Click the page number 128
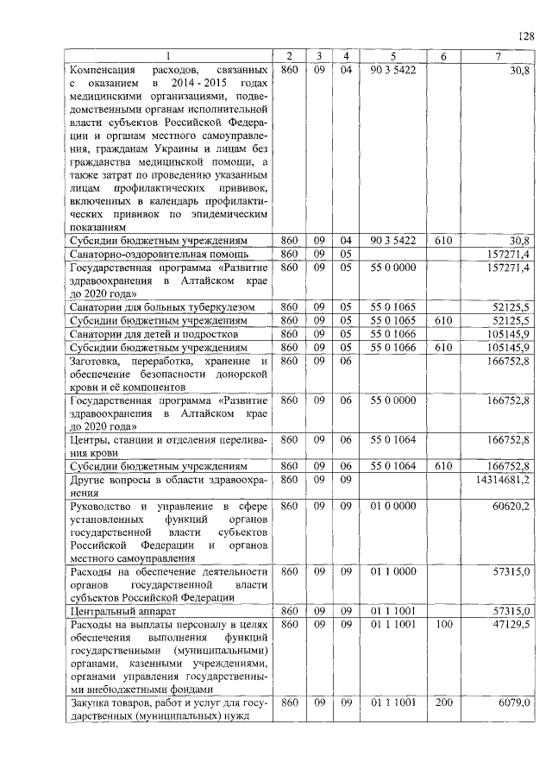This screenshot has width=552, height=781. pyautogui.click(x=526, y=35)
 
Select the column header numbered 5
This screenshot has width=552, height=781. pyautogui.click(x=393, y=56)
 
